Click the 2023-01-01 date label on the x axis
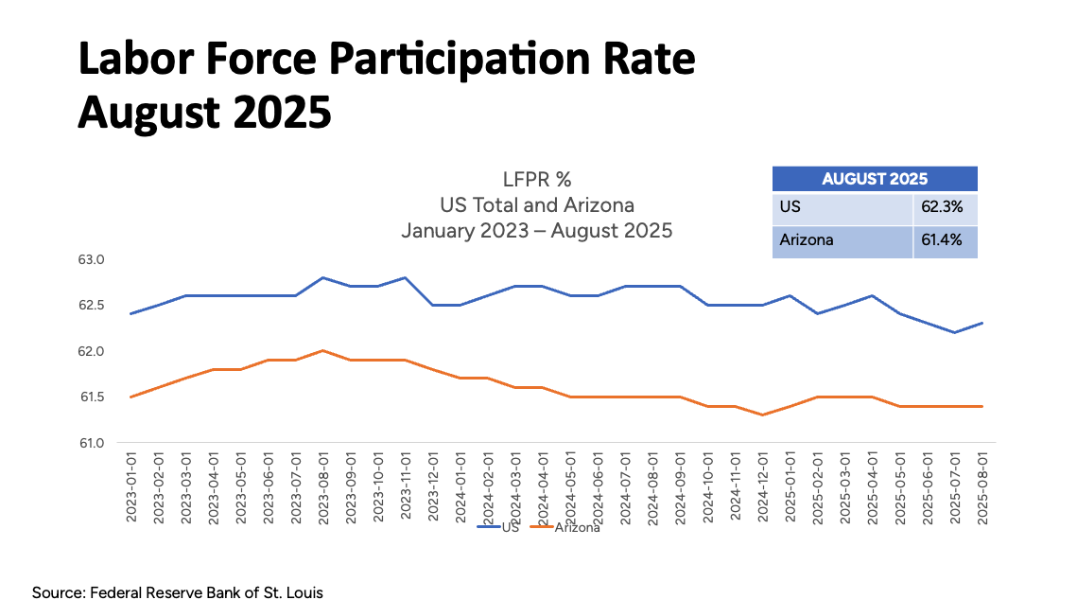click(131, 485)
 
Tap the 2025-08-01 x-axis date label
click(982, 485)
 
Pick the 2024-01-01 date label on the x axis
click(460, 485)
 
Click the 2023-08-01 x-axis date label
click(323, 485)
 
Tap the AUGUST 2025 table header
click(875, 179)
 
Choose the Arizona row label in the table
click(807, 240)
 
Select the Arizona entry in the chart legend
click(576, 527)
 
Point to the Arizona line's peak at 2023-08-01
click(323, 350)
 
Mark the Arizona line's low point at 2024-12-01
click(762, 415)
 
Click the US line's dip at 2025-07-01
click(955, 332)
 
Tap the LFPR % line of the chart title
click(537, 180)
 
